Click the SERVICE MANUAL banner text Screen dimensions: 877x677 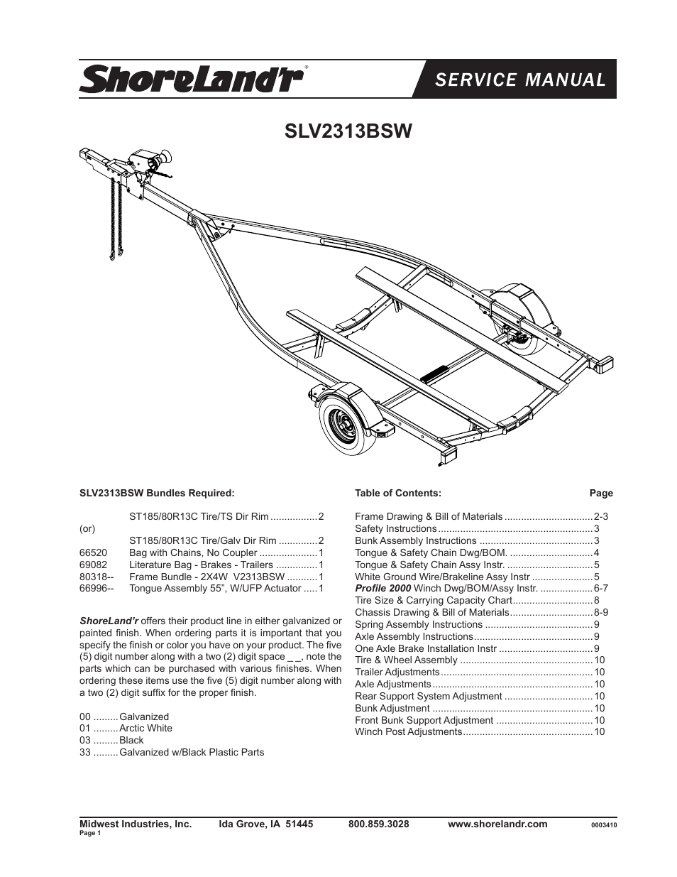[520, 80]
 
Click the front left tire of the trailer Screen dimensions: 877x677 [346, 423]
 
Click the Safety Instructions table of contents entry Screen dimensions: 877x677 [395, 528]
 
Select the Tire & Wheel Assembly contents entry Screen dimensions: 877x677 [406, 660]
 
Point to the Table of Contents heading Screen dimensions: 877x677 [397, 493]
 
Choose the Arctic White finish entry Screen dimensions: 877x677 [145, 728]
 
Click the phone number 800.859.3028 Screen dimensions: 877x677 [378, 824]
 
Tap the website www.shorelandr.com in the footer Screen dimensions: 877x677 [497, 824]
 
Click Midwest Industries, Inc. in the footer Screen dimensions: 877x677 [136, 824]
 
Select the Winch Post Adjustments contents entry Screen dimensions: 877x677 [408, 731]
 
